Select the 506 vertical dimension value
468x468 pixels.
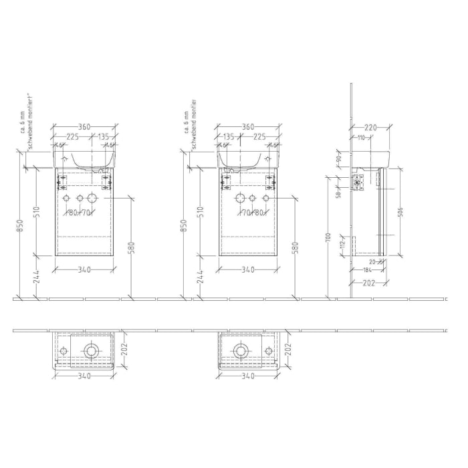(401, 213)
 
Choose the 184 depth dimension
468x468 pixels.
(367, 270)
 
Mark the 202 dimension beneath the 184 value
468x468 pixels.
(368, 282)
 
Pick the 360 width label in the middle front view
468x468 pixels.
(247, 126)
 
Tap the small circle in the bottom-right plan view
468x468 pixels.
(268, 350)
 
